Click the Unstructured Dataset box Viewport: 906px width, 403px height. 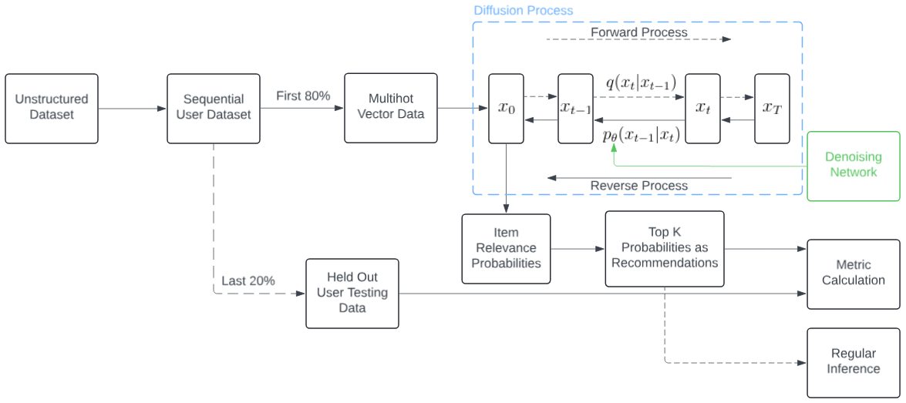click(x=52, y=109)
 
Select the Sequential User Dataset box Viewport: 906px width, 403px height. click(x=214, y=109)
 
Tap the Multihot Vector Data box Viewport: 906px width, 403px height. click(x=391, y=108)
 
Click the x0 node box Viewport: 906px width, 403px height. click(x=506, y=109)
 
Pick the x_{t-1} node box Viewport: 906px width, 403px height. click(x=575, y=109)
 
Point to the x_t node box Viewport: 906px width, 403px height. click(x=702, y=109)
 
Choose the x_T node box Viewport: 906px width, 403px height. click(x=772, y=109)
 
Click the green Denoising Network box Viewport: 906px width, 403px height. click(x=853, y=166)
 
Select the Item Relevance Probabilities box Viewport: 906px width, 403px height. click(x=506, y=248)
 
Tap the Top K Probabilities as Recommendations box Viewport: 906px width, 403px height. click(x=665, y=248)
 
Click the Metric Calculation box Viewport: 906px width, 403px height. click(x=853, y=274)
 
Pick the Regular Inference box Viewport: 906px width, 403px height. click(x=853, y=361)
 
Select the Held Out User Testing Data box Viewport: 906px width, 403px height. click(x=352, y=293)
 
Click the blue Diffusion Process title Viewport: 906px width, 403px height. click(x=524, y=11)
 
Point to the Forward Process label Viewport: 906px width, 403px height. click(x=638, y=32)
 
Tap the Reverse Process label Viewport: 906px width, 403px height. click(x=638, y=186)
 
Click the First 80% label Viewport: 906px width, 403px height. click(x=303, y=96)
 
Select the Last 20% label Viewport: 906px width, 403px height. click(x=248, y=280)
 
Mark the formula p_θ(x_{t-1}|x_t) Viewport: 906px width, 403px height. click(x=641, y=136)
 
